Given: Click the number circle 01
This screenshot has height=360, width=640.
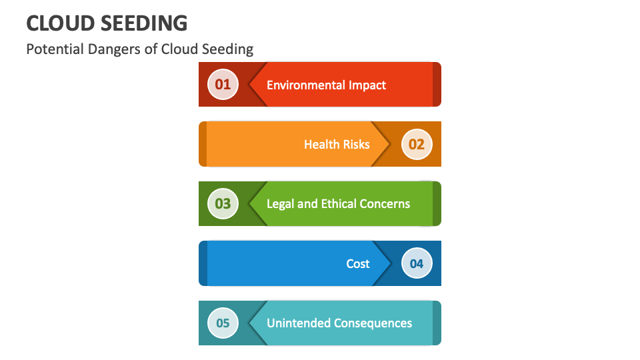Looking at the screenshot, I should [x=223, y=85].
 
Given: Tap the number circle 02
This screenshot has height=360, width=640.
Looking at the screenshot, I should [x=417, y=144].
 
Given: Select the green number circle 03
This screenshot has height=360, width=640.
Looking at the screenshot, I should [x=223, y=204].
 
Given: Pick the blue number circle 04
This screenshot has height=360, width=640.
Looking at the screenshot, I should [x=417, y=263].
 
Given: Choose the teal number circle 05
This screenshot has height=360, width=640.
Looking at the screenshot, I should [x=223, y=323].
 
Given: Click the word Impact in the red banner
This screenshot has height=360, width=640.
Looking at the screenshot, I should [x=367, y=85].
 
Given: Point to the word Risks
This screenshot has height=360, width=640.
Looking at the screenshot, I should [x=356, y=145].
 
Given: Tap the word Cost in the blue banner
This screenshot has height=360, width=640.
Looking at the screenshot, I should [x=358, y=264].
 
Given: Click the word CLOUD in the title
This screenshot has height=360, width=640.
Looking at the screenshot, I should [x=59, y=23].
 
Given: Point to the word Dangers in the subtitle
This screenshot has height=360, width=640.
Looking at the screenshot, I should [x=109, y=49].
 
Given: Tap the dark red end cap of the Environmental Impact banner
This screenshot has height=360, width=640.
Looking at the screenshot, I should [x=437, y=85].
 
